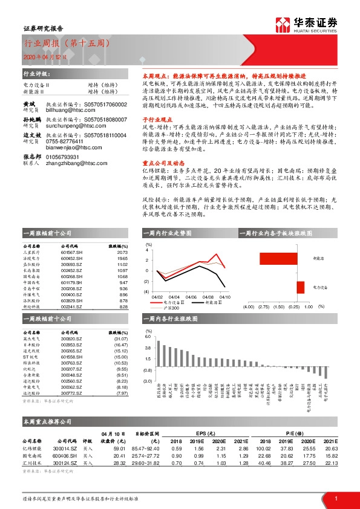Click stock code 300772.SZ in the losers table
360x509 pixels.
tap(73, 410)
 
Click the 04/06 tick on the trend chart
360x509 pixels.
tap(191, 297)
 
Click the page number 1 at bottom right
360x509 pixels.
tap(335, 498)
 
